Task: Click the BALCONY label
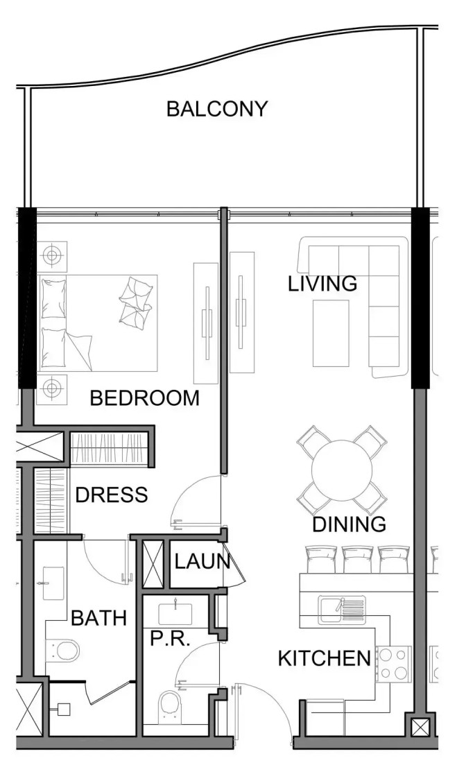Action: pyautogui.click(x=217, y=108)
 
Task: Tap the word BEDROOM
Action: pyautogui.click(x=145, y=398)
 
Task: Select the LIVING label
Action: pyautogui.click(x=322, y=283)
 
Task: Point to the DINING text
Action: pyautogui.click(x=349, y=524)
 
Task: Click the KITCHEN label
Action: pyautogui.click(x=325, y=658)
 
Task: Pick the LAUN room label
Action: pyautogui.click(x=202, y=562)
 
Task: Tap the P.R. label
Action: pyautogui.click(x=170, y=639)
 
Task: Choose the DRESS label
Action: pyautogui.click(x=112, y=495)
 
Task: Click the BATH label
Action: pyautogui.click(x=98, y=618)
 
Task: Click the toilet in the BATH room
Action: pyautogui.click(x=63, y=651)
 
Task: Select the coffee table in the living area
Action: pyautogui.click(x=331, y=334)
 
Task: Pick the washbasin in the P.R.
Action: pyautogui.click(x=175, y=614)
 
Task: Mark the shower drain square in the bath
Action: pyautogui.click(x=64, y=710)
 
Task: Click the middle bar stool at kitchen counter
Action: pyautogui.click(x=358, y=559)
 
